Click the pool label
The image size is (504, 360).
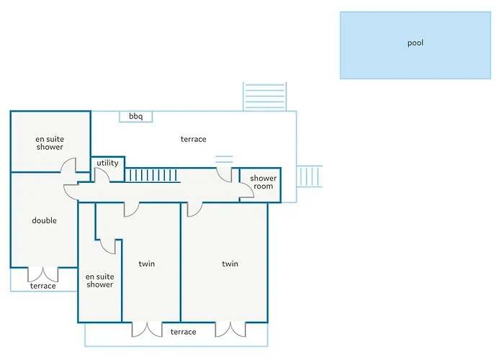(x=415, y=42)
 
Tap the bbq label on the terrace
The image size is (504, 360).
(x=135, y=116)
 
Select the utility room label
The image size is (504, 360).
(x=107, y=163)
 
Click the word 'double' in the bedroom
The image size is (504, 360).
(x=45, y=220)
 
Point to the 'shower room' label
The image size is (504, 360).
(x=264, y=182)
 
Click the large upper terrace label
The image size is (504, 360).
(x=193, y=139)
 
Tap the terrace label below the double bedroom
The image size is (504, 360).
(x=42, y=286)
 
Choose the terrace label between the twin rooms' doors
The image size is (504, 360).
(x=183, y=332)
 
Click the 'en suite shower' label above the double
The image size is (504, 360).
(x=50, y=143)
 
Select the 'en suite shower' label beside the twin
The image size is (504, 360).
(x=99, y=281)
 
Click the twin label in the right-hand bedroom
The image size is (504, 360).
(x=230, y=264)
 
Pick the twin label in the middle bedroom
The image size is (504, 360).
(x=147, y=264)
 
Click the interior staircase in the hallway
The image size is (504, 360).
(x=153, y=175)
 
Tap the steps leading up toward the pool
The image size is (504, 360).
(x=264, y=96)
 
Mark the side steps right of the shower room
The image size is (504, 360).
(x=309, y=176)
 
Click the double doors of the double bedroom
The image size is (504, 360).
(x=43, y=274)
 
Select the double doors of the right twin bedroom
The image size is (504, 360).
(x=230, y=329)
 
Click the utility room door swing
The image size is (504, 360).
(x=102, y=174)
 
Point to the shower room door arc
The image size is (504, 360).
(x=247, y=190)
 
